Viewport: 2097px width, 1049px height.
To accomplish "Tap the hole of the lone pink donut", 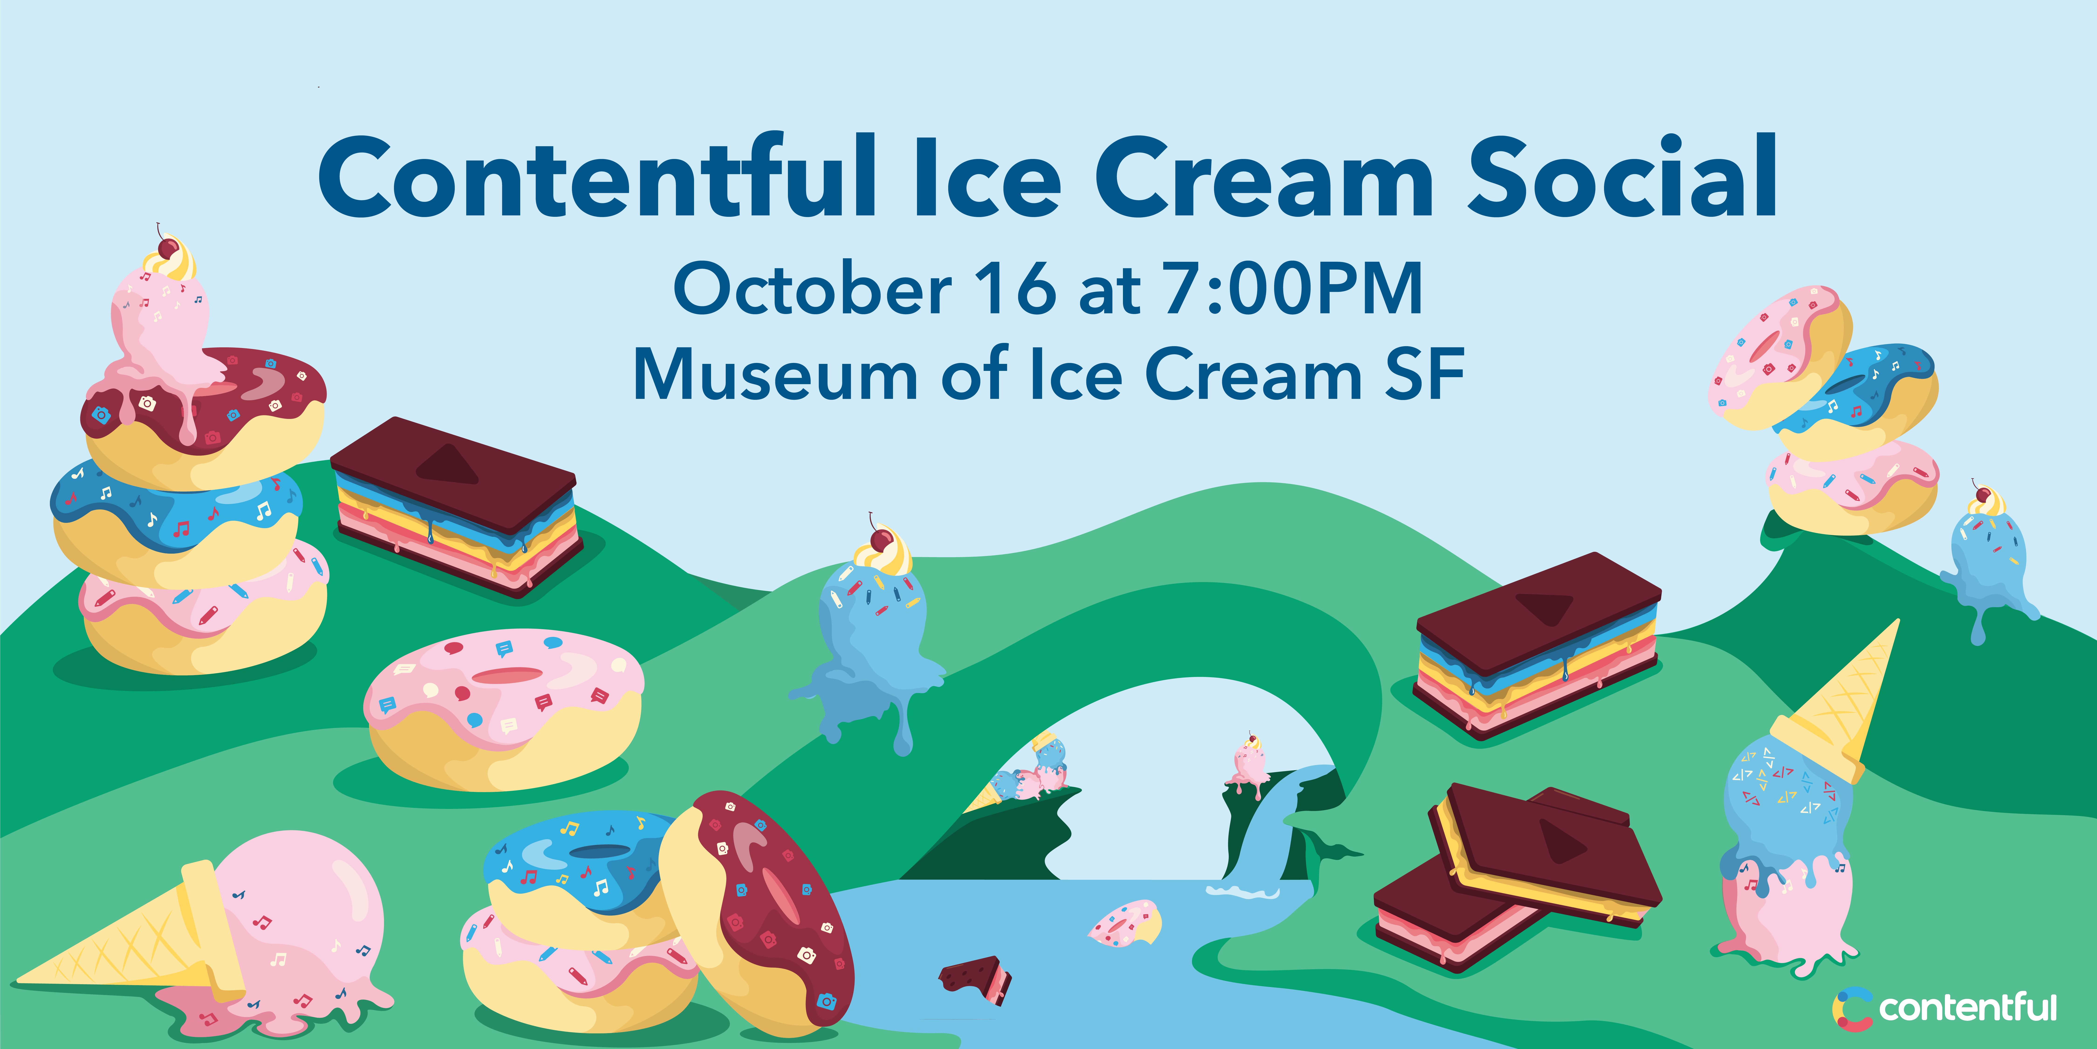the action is [x=507, y=675].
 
